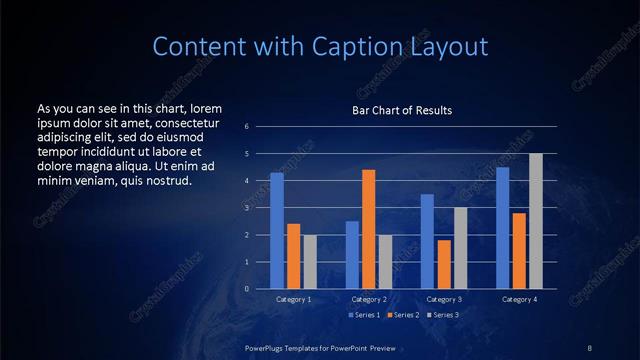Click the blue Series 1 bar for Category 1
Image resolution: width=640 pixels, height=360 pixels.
277,231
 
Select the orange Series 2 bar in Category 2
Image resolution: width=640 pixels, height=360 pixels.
368,229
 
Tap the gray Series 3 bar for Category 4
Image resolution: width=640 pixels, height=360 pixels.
536,221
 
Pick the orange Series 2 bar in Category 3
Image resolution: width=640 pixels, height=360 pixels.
444,264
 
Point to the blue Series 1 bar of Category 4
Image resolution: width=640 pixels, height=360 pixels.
502,228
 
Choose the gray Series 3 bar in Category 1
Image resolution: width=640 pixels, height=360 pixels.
310,262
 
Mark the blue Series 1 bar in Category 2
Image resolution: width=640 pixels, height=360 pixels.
352,255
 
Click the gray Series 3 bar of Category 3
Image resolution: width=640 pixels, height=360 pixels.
460,248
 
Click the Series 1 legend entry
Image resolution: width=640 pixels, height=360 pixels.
365,315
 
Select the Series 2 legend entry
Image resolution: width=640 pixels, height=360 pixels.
402,315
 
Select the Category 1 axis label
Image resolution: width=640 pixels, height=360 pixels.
293,299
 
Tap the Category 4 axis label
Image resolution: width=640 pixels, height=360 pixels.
519,299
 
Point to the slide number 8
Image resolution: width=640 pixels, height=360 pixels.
590,347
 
